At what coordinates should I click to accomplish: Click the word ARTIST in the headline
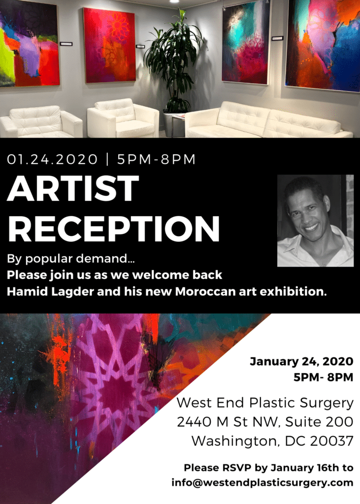click(73, 189)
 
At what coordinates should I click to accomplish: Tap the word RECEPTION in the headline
click(114, 228)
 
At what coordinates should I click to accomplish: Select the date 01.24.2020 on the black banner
click(52, 159)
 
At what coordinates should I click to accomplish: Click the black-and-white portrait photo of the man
click(315, 220)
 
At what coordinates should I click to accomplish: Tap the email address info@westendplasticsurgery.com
click(262, 483)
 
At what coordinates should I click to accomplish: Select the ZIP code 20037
click(332, 441)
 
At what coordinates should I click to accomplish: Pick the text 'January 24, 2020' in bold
click(301, 362)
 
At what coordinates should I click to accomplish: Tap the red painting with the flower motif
click(109, 45)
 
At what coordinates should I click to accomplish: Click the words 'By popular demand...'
click(71, 259)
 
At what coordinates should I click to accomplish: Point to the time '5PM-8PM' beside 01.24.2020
click(156, 159)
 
